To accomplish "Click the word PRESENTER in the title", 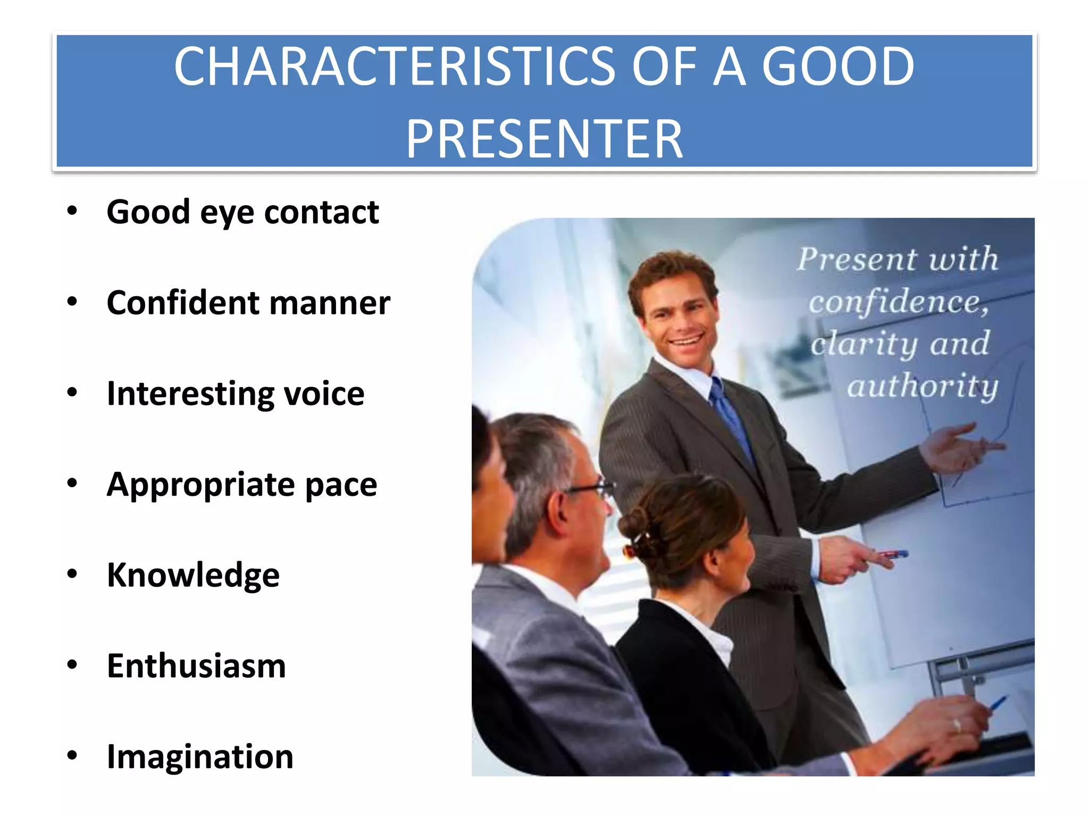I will [544, 139].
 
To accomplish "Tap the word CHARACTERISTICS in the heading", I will [394, 66].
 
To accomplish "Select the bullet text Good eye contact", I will [242, 212].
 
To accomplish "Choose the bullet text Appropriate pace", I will [242, 485].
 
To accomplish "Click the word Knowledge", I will [193, 576].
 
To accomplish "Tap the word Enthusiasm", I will [196, 666].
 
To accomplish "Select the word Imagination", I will [200, 757].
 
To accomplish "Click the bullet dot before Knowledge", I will [72, 574].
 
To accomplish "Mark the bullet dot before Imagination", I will [72, 755].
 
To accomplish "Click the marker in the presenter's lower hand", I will [893, 554].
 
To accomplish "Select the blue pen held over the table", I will [999, 703].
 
